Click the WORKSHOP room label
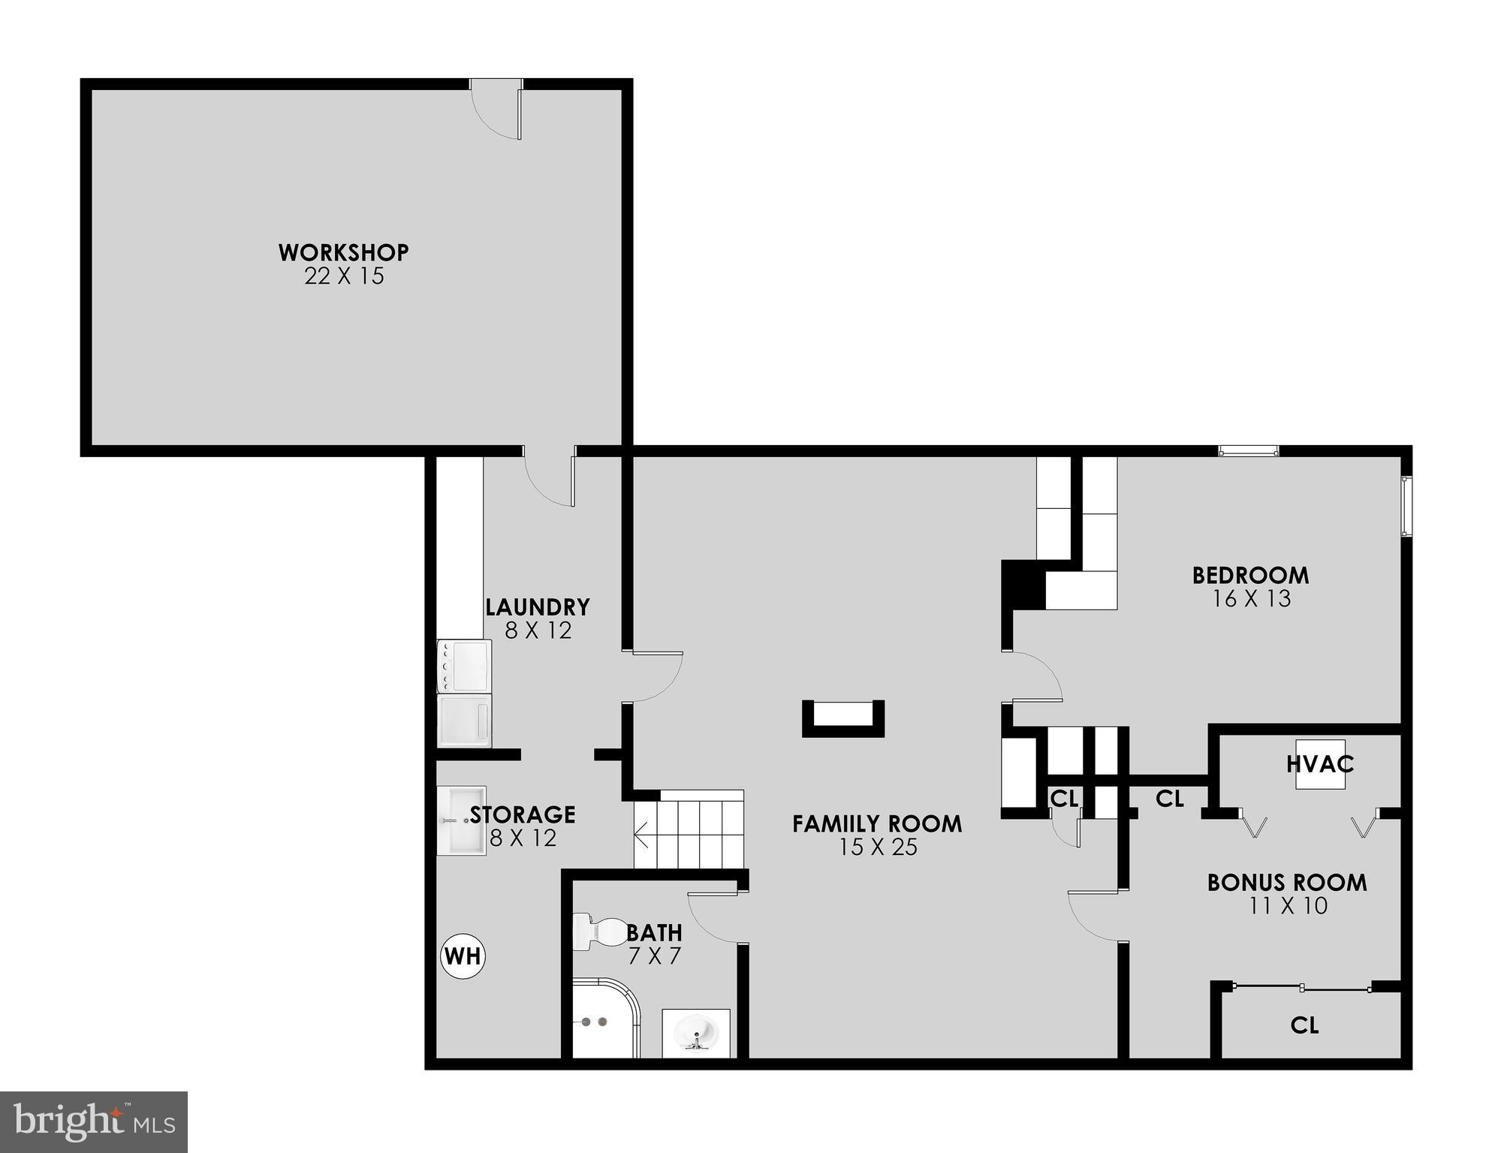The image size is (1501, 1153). click(x=344, y=252)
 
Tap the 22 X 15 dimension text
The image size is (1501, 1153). click(x=344, y=276)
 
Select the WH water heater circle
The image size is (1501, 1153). click(x=463, y=956)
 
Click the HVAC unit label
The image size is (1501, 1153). click(x=1320, y=764)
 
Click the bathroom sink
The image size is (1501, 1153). click(x=696, y=1033)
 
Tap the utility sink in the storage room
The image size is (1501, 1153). click(x=461, y=820)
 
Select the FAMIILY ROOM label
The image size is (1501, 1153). click(x=877, y=823)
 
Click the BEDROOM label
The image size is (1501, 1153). click(x=1251, y=575)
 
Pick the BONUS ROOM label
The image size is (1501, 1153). click(x=1287, y=882)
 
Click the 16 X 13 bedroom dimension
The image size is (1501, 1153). click(x=1252, y=599)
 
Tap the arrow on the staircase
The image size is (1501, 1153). click(x=643, y=832)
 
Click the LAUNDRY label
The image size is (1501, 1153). click(x=538, y=607)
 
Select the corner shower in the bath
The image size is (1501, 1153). click(x=604, y=1018)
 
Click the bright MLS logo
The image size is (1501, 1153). click(x=93, y=1121)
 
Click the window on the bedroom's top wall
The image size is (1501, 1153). click(x=1248, y=451)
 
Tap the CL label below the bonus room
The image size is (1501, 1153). click(x=1304, y=1025)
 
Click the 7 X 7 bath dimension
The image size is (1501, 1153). click(x=654, y=956)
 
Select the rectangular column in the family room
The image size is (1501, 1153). click(x=843, y=718)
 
